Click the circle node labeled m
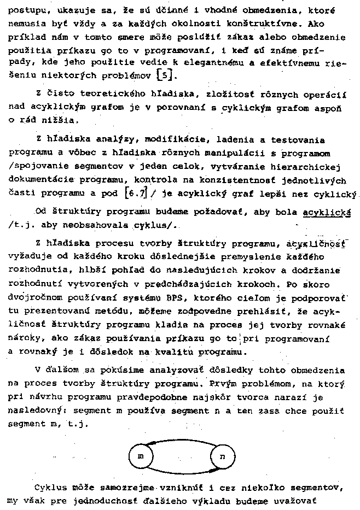point(140,456)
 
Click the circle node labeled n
point(222,456)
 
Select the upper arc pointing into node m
point(181,441)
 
